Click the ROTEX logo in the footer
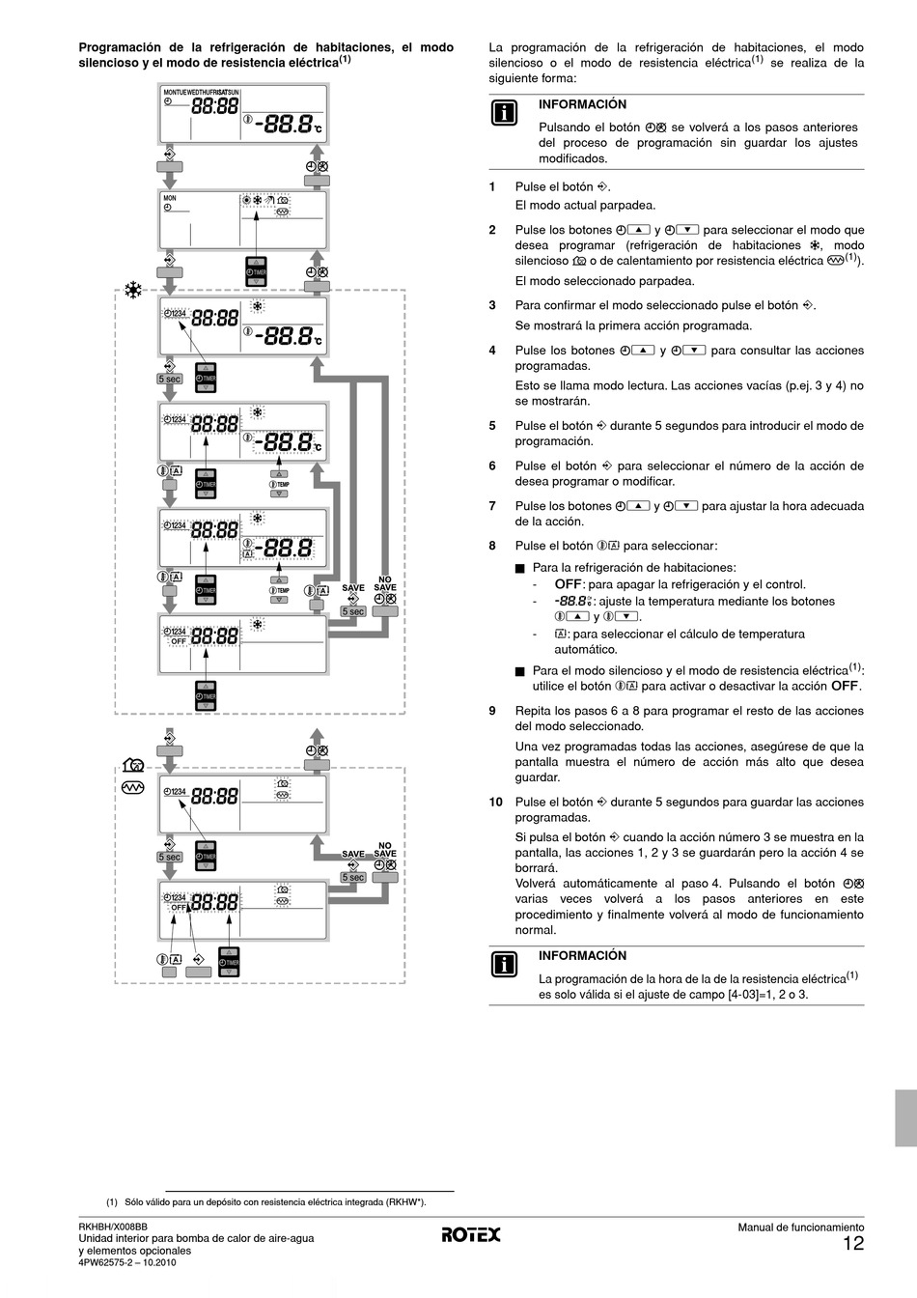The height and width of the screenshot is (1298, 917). click(471, 1234)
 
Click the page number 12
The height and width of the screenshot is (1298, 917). click(853, 1244)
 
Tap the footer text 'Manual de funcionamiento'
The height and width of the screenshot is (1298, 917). click(801, 1227)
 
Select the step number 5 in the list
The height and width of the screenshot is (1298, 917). click(492, 426)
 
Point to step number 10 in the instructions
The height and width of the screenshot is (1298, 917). click(495, 803)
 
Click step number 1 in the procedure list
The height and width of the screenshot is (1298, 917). click(492, 187)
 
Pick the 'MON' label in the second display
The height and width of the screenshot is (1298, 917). click(170, 198)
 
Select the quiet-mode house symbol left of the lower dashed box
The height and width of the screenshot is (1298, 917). click(134, 765)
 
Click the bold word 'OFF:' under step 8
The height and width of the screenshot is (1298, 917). click(569, 584)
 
